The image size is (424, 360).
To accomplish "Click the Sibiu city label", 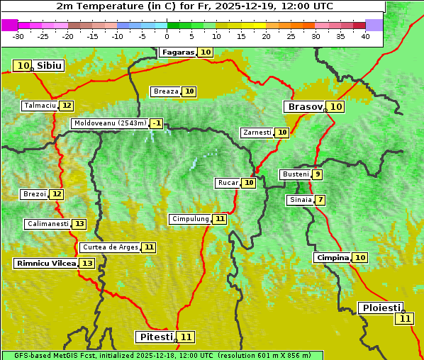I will (x=50, y=66).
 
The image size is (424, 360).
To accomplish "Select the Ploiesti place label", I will (x=381, y=308).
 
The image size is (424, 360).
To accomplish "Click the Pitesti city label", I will (x=155, y=337).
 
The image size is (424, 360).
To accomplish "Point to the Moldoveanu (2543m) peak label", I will (x=110, y=123).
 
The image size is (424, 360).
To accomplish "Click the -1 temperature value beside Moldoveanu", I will (x=157, y=123).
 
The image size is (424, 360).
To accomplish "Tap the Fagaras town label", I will (x=178, y=52).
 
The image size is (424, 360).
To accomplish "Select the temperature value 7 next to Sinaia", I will (x=320, y=200).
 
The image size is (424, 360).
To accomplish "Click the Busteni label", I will (x=295, y=174).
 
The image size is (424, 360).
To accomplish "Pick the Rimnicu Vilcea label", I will (x=45, y=263).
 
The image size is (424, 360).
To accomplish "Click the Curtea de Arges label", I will (x=109, y=247).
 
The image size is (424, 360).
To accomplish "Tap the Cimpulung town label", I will (x=190, y=219).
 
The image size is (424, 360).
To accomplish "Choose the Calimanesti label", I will (x=48, y=224).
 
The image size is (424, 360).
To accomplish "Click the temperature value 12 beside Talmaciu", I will (x=67, y=106).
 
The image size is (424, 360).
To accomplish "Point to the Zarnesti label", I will (x=257, y=133).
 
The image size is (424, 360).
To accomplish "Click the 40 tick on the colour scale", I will (x=365, y=36).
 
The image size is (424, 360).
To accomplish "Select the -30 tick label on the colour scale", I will (x=18, y=36).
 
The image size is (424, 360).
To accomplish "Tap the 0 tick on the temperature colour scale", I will (x=167, y=36).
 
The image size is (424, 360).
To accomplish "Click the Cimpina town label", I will (x=333, y=258).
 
